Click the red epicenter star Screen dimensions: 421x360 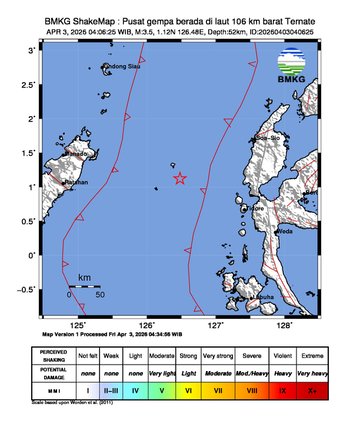[180, 179]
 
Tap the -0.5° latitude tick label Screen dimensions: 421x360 [31, 289]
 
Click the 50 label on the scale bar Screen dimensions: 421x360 [100, 296]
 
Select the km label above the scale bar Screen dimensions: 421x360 [85, 277]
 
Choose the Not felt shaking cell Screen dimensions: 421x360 [87, 353]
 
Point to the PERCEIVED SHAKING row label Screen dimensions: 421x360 [48, 353]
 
